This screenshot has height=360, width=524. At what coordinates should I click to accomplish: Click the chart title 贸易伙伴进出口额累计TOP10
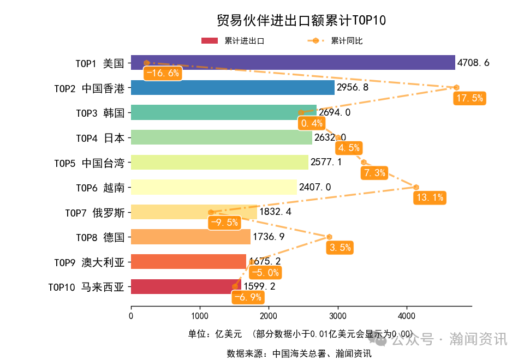point(301,20)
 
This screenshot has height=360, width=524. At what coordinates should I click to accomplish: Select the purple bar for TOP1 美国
point(293,63)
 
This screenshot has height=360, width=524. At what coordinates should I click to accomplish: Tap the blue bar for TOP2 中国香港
point(233,88)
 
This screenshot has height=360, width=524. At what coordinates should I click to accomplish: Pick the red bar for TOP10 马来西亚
point(186,286)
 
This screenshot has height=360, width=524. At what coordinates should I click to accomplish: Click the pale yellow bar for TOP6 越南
point(213,187)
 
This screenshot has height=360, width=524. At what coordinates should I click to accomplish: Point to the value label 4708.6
point(473,63)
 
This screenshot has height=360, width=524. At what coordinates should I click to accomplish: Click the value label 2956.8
point(353,88)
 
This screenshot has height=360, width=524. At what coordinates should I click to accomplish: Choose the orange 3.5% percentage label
point(340,248)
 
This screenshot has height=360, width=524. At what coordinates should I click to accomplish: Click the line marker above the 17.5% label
point(456,87)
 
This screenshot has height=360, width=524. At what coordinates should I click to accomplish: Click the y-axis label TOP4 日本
point(100,137)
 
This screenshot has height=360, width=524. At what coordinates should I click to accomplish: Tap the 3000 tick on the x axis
point(337,316)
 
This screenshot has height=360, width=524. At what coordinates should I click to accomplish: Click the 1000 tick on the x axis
point(200,316)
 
